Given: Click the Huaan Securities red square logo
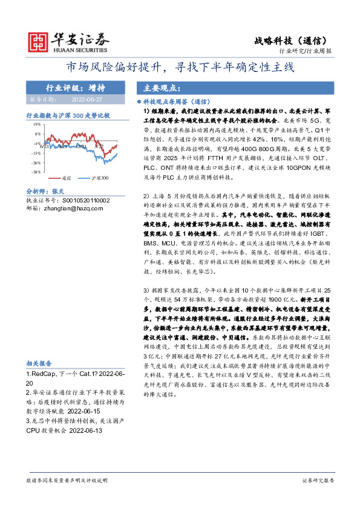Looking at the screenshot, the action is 38,40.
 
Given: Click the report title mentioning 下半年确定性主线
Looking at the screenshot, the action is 180,66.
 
